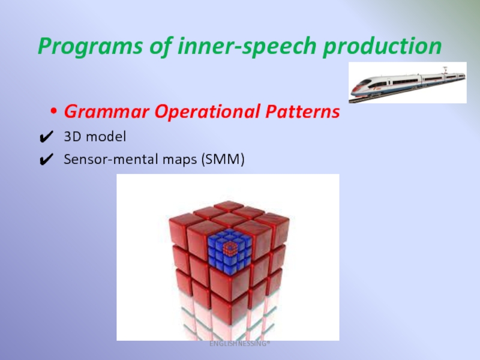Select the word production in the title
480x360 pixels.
point(382,46)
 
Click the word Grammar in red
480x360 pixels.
point(107,112)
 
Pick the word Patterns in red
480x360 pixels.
point(303,111)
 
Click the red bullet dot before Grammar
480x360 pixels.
point(54,111)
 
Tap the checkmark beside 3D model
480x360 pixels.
point(47,137)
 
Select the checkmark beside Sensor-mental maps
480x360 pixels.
point(47,160)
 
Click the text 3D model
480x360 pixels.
point(95,137)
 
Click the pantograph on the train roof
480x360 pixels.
point(445,70)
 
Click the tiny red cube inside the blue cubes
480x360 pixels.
point(230,248)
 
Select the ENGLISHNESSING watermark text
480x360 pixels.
point(239,344)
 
